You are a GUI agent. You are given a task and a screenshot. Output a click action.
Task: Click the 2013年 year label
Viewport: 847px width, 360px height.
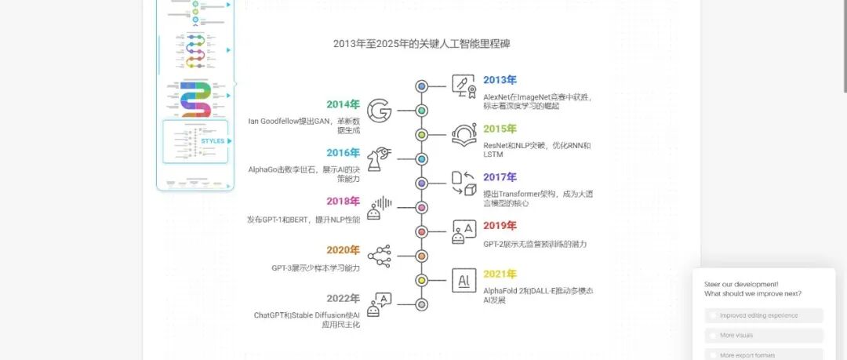(x=500, y=80)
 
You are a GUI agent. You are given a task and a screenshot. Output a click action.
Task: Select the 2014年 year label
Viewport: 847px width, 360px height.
(x=343, y=104)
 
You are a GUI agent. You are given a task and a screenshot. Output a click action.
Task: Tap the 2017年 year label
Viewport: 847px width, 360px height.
(x=500, y=177)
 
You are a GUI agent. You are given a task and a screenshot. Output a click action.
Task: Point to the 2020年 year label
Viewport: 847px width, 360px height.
(x=343, y=250)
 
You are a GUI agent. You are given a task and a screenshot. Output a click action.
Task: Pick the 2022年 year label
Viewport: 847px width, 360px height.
(x=343, y=298)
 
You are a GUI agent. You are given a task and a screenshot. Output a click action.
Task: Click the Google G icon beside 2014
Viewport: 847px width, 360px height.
(x=380, y=111)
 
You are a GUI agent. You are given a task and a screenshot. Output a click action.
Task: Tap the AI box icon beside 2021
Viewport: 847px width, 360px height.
(x=463, y=280)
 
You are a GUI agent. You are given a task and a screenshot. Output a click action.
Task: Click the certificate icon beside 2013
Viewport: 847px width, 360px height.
(x=463, y=86)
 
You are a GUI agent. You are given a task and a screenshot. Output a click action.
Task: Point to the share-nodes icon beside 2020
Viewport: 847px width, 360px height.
(x=380, y=256)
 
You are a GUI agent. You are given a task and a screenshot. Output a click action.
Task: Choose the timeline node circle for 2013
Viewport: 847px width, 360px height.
(x=421, y=86)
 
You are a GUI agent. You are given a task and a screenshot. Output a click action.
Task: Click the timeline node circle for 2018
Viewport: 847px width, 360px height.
(x=421, y=208)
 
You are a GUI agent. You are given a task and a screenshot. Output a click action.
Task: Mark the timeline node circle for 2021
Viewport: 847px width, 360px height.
(x=421, y=280)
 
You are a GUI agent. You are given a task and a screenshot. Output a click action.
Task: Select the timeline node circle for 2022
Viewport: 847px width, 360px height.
(x=421, y=304)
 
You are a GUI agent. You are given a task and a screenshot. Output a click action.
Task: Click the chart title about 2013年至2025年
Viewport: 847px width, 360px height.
(x=422, y=44)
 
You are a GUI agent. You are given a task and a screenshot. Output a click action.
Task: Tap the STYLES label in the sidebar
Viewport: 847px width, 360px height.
(x=213, y=141)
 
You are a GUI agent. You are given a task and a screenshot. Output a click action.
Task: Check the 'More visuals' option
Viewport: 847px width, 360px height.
(x=736, y=335)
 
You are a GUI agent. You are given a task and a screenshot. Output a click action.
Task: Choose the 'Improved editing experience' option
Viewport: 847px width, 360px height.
(x=758, y=315)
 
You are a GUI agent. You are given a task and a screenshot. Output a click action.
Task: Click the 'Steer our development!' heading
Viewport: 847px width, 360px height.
(x=741, y=284)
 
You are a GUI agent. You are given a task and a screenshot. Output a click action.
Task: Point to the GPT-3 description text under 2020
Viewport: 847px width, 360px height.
(x=315, y=268)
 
